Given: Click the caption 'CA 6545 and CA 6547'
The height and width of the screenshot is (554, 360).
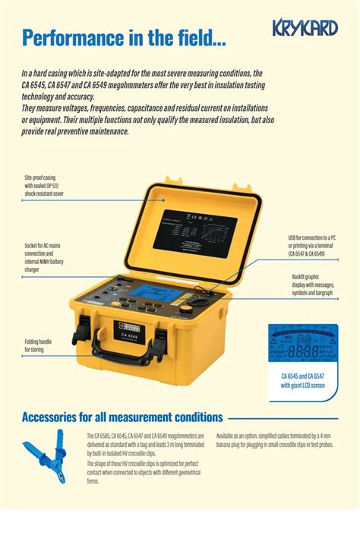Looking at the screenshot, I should coord(303,377).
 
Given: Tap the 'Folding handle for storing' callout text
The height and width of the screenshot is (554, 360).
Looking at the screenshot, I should coord(38,346).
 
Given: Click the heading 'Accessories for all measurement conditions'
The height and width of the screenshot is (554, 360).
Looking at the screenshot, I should coord(122,417).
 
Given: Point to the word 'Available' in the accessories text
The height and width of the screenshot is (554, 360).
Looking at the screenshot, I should coord(229,436).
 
